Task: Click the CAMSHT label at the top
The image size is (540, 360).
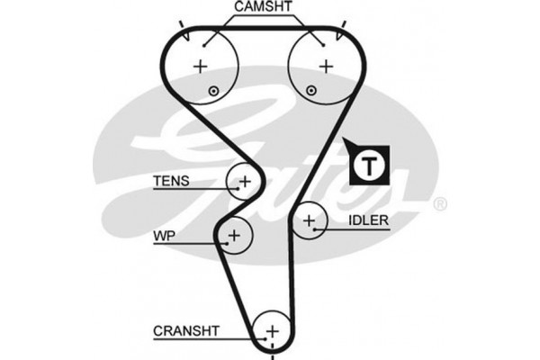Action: (x=262, y=7)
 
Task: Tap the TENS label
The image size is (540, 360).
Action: (x=171, y=180)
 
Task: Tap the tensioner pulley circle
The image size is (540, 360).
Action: (x=244, y=181)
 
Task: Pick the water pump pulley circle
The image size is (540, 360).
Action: (x=235, y=236)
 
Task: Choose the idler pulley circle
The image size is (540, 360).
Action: (x=310, y=220)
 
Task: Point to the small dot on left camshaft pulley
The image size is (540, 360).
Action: (x=213, y=90)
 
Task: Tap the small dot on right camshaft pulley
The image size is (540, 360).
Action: (x=311, y=90)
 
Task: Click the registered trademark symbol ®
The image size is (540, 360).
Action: (x=440, y=205)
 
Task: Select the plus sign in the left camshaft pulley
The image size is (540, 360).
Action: (x=201, y=66)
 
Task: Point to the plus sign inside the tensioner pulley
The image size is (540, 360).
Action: (x=244, y=181)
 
